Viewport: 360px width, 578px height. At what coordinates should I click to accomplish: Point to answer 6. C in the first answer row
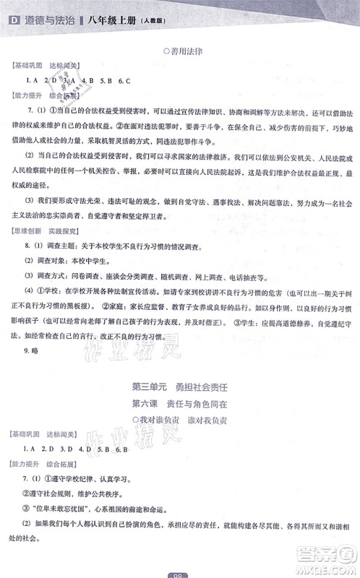124,80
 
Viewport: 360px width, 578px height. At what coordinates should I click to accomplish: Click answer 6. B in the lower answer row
120,467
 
